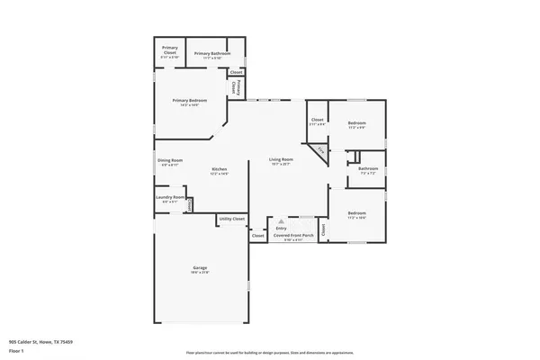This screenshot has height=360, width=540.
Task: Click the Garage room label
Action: click(200, 267)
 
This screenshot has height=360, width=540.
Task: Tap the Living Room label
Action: click(282, 160)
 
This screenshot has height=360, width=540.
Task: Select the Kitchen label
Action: click(219, 169)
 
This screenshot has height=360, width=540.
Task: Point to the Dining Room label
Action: click(170, 161)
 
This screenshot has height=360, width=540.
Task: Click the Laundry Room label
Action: click(170, 197)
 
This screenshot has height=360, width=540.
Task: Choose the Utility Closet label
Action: click(231, 219)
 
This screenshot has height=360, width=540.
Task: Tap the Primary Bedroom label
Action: click(190, 100)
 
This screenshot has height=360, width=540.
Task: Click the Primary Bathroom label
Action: click(209, 54)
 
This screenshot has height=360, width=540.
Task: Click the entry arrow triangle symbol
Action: click(281, 220)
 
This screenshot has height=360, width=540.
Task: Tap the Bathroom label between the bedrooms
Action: click(367, 168)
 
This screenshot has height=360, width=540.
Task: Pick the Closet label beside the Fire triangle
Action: click(317, 120)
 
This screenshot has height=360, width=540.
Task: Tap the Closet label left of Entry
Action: click(258, 236)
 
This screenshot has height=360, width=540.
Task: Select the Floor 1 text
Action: click(15, 350)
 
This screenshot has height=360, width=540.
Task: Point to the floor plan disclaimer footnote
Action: click(269, 354)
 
